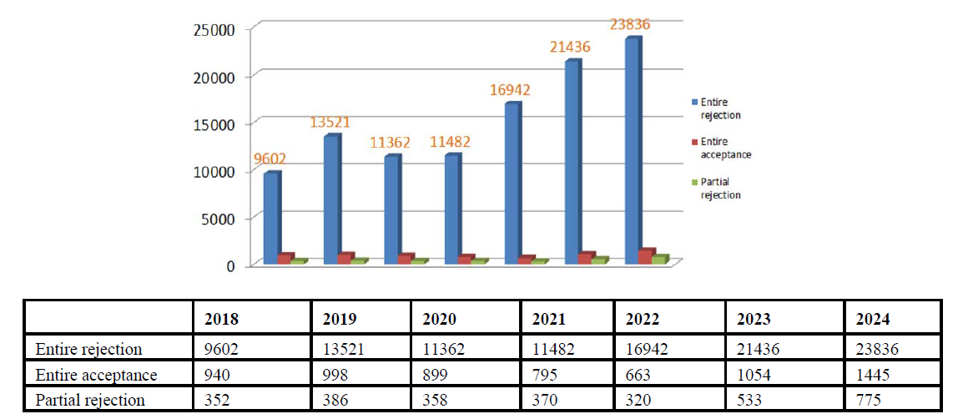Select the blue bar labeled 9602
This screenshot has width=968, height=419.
click(271, 217)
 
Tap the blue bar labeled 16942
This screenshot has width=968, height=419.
click(512, 184)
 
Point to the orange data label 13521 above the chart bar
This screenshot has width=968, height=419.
click(330, 122)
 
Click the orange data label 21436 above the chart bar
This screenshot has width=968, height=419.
click(571, 48)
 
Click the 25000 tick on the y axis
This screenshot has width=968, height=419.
click(221, 30)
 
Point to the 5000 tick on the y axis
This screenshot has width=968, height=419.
click(225, 219)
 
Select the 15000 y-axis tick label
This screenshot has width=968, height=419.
click(221, 124)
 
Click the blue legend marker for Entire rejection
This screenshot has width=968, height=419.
click(693, 103)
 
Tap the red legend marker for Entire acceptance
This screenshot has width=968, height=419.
click(693, 143)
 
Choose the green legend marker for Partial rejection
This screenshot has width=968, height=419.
click(693, 183)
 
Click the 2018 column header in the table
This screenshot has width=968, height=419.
click(221, 319)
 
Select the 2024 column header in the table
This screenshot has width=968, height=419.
click(874, 319)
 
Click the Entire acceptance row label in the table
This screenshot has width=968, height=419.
click(96, 375)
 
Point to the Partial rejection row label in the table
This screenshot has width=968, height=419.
click(90, 400)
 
